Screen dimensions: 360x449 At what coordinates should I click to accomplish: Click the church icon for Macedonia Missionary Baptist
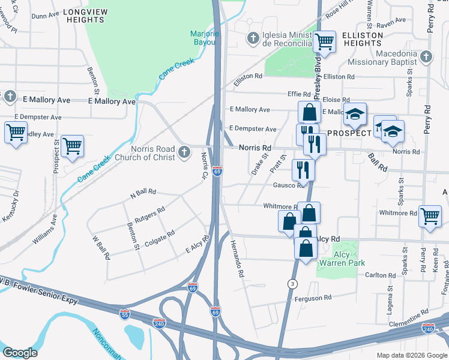(x=426, y=57)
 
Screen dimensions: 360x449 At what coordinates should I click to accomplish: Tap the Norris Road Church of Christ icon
(x=185, y=155)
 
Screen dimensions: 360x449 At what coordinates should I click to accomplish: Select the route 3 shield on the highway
(x=292, y=283)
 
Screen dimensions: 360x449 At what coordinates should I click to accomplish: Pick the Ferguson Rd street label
(x=313, y=298)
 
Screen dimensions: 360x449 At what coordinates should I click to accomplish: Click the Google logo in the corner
(x=20, y=352)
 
